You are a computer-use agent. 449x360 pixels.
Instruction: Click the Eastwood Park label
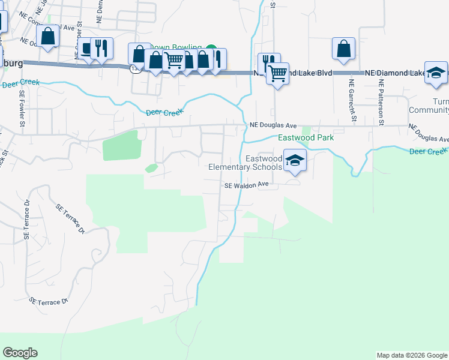coord(306,138)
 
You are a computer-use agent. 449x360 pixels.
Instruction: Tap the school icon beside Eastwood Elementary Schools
coord(294,161)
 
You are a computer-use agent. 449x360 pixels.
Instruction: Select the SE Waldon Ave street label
coord(246,186)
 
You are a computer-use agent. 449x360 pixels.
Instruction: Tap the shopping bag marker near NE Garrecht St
coord(343,49)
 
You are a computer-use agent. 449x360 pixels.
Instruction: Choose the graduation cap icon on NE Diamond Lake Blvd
coord(436,73)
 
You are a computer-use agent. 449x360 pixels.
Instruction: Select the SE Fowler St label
coord(22,109)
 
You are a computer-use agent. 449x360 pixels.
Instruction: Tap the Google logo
coord(20,353)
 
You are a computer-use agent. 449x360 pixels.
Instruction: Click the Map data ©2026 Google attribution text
coord(412,355)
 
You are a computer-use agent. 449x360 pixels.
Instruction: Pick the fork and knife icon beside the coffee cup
coord(101,48)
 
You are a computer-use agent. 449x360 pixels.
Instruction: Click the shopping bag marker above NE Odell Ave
coord(48,36)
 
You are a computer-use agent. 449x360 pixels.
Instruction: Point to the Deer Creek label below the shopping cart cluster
coord(163,112)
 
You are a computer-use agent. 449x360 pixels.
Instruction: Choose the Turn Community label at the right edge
coord(429,106)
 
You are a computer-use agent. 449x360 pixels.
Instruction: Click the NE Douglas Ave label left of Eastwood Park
coord(273,125)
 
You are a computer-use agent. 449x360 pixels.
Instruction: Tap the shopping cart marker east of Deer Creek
coord(277,73)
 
